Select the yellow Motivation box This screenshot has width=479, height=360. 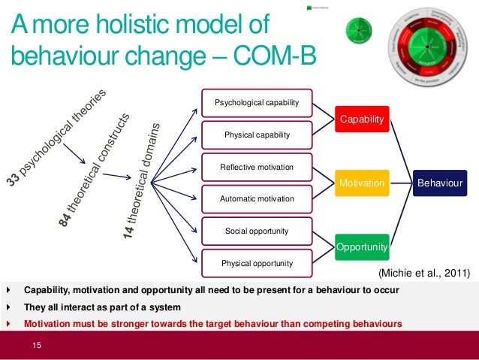[363, 183]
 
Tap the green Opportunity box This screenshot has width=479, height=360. [362, 246]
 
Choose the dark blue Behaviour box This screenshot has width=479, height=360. [440, 183]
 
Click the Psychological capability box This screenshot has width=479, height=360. [257, 103]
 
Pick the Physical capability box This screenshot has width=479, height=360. [257, 135]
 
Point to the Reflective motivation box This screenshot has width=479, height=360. [257, 167]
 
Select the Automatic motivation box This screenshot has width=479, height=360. [257, 199]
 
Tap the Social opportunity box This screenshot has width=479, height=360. [257, 231]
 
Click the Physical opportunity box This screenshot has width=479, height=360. [257, 263]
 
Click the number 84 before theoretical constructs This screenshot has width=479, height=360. [67, 218]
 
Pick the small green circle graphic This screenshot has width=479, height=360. [359, 31]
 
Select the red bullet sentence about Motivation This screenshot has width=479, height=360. [213, 324]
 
